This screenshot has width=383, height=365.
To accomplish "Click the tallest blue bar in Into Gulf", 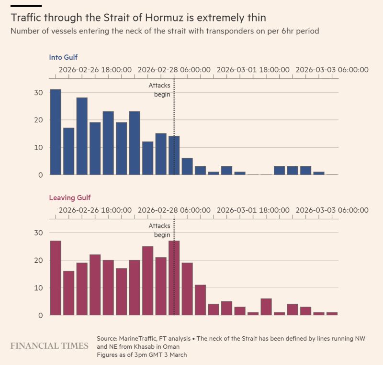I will (56, 132).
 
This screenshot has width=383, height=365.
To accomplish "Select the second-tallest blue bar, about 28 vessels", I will (82, 136).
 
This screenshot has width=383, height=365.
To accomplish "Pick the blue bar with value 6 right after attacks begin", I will (187, 166).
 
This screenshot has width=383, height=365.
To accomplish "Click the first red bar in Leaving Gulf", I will (56, 278).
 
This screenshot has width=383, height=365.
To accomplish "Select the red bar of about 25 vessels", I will (148, 281).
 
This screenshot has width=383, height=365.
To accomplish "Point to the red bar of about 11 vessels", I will (200, 300).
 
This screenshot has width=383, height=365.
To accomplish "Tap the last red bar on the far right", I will (332, 313).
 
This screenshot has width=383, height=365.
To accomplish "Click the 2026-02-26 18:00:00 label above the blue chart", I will (95, 70).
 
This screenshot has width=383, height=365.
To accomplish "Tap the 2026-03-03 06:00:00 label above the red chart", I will (332, 210).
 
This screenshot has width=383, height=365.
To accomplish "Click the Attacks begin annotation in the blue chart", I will (159, 90).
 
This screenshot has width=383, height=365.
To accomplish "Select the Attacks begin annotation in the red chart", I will (159, 230).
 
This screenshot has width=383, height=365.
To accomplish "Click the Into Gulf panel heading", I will (63, 57).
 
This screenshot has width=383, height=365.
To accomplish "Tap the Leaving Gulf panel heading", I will (70, 197).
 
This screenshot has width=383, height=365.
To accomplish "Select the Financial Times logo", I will (49, 345).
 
